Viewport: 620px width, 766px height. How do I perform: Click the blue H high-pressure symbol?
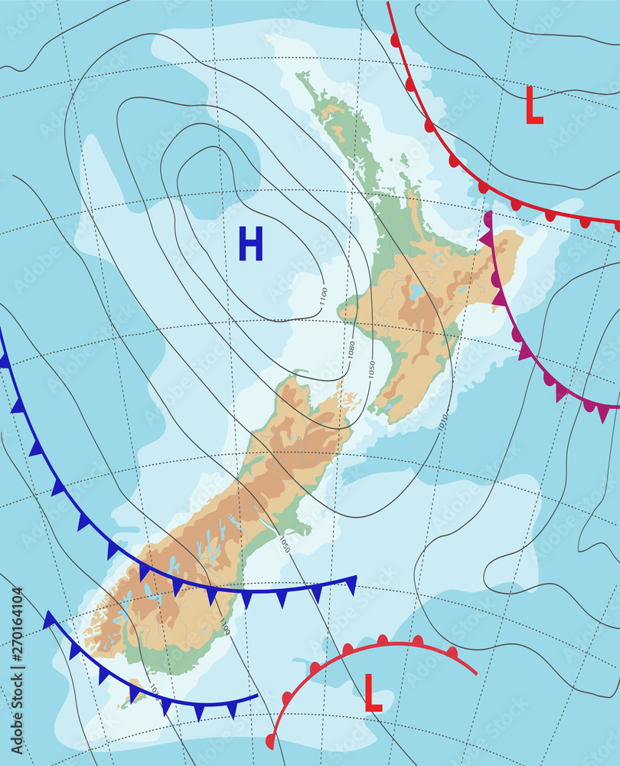click(250, 244)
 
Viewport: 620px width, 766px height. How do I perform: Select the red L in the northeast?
click(534, 106)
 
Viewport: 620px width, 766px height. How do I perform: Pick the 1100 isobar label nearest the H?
click(324, 295)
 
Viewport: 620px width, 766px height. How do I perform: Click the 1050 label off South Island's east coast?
click(284, 545)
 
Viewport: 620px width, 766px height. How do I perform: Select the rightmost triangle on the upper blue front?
click(351, 586)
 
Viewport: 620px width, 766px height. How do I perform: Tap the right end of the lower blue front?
click(256, 697)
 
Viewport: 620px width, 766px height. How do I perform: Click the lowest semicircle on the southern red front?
click(270, 741)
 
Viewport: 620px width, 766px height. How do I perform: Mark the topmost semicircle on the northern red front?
click(395, 39)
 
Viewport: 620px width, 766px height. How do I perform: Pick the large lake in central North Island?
click(416, 292)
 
